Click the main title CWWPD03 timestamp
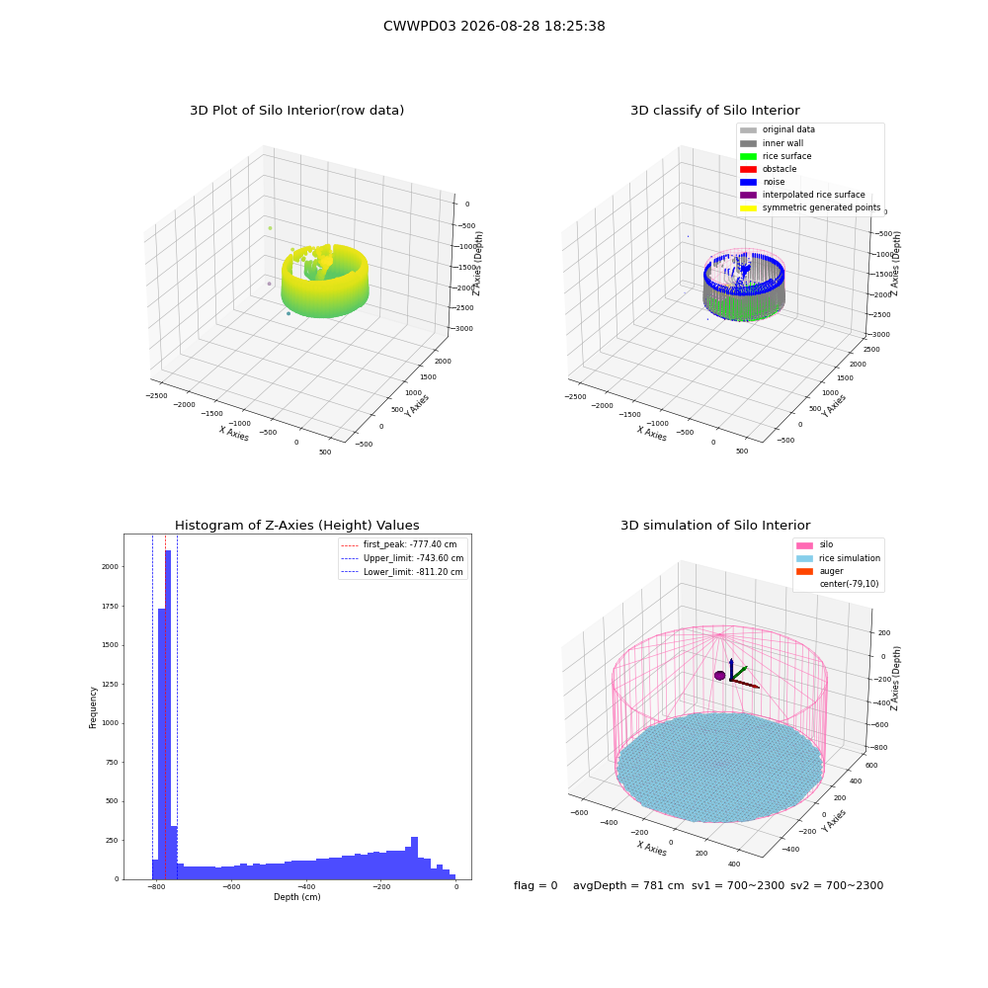494,27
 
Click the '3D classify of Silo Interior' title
715,111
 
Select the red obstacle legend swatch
748,170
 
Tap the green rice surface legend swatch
748,156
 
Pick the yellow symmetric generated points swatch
748,207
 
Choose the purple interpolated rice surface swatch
748,196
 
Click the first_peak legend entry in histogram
398,544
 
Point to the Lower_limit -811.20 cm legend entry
402,572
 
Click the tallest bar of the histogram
168,714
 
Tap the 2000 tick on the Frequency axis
111,567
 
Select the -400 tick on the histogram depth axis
306,887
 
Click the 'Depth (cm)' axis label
296,897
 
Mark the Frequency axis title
93,707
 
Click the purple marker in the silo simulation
719,676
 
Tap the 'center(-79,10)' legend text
849,584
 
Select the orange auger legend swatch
804,571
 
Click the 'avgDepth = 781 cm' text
628,886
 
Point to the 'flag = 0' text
535,886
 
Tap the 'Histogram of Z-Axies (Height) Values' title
296,526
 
